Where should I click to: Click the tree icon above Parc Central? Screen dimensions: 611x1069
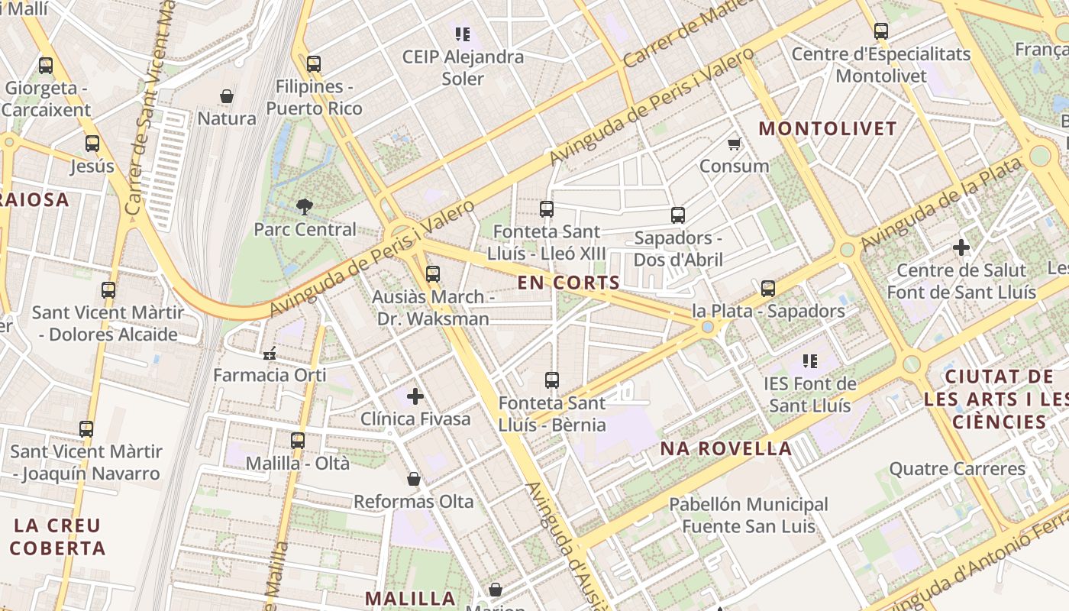tap(305, 205)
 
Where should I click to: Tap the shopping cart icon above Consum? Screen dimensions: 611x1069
tap(734, 143)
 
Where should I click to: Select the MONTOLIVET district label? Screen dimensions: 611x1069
tap(828, 128)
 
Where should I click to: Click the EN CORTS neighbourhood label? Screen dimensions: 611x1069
tap(568, 283)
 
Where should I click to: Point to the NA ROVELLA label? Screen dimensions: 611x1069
tap(725, 448)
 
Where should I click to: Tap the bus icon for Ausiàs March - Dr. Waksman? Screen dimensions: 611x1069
tap(433, 273)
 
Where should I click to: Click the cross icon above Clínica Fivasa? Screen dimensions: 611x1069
tap(415, 396)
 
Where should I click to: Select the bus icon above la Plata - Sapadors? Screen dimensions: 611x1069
tap(768, 288)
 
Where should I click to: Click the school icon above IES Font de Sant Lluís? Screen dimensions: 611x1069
tap(809, 360)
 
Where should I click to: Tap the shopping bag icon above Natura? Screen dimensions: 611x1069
tap(227, 95)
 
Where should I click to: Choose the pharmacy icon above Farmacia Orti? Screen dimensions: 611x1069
tap(269, 353)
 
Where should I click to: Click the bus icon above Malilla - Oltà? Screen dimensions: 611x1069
tap(298, 440)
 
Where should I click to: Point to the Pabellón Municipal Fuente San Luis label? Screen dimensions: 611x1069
tap(748, 516)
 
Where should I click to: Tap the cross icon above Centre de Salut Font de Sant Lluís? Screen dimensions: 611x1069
tap(961, 247)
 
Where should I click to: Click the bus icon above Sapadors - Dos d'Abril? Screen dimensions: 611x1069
tap(678, 215)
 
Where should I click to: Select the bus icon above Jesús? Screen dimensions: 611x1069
tap(92, 143)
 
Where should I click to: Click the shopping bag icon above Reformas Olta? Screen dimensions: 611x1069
tap(413, 479)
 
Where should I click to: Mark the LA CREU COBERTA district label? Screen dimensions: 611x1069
tap(57, 537)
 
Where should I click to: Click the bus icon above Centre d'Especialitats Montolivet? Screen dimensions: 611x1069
tap(881, 31)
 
